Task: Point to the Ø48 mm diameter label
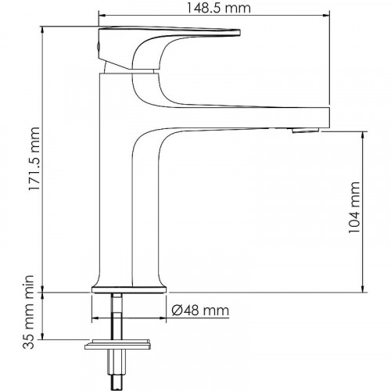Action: tap(199, 311)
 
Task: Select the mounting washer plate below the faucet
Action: tap(117, 345)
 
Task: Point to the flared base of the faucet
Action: tap(130, 285)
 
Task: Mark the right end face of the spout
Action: tap(328, 118)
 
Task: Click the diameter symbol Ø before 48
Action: tap(175, 311)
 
